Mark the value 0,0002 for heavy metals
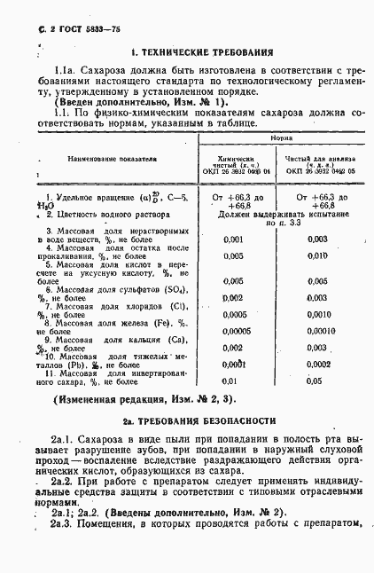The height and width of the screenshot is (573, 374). pos(317,364)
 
